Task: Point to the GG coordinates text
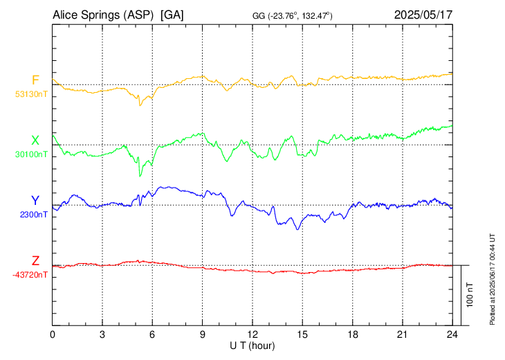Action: pyautogui.click(x=293, y=16)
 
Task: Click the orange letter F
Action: pyautogui.click(x=35, y=80)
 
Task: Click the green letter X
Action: pyautogui.click(x=35, y=140)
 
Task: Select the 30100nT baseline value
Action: pyautogui.click(x=31, y=154)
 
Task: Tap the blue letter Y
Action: pyautogui.click(x=35, y=200)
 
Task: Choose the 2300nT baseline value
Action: pyautogui.click(x=34, y=215)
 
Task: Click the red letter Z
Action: pyautogui.click(x=35, y=260)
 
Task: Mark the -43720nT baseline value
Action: pyautogui.click(x=30, y=275)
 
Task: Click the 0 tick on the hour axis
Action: pyautogui.click(x=53, y=334)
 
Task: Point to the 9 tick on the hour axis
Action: pyautogui.click(x=203, y=334)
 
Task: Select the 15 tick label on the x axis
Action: pyautogui.click(x=302, y=334)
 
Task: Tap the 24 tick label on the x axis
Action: pyautogui.click(x=452, y=334)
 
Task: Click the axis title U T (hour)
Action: pyautogui.click(x=252, y=345)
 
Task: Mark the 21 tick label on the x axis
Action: pyautogui.click(x=403, y=334)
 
